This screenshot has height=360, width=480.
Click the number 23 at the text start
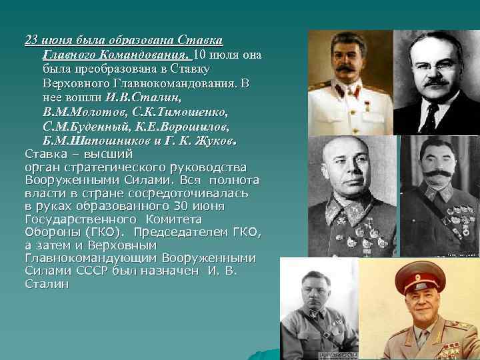[31, 39]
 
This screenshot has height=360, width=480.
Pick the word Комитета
[171, 219]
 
